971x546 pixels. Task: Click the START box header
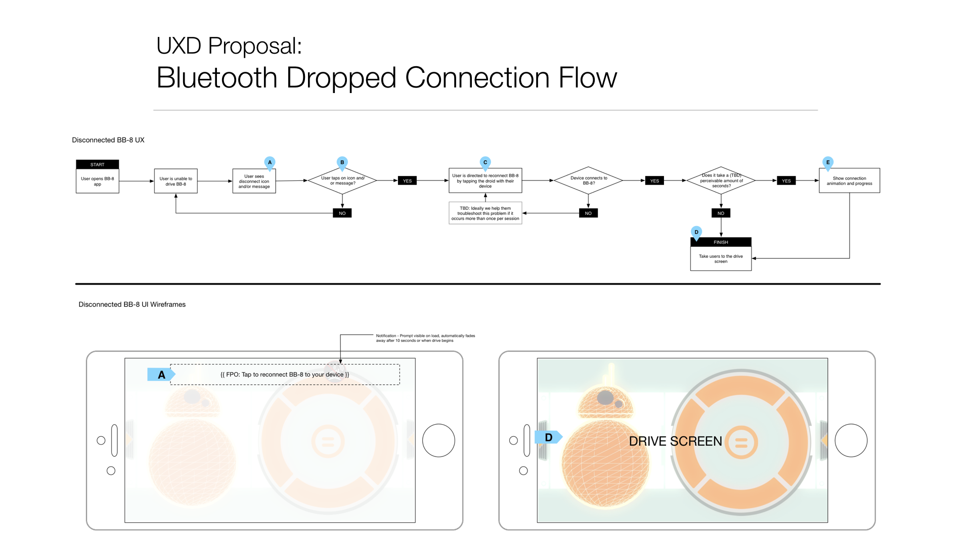[97, 164]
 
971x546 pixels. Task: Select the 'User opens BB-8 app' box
[97, 181]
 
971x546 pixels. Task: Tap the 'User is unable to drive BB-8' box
[175, 181]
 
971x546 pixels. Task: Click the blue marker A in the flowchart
[270, 162]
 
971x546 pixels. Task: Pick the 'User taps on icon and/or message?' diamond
[342, 180]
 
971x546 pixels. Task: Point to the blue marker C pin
[485, 162]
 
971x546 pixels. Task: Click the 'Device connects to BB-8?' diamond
[588, 180]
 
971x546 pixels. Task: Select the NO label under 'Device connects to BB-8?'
[588, 213]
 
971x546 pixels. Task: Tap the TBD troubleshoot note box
[485, 213]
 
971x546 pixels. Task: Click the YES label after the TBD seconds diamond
[786, 180]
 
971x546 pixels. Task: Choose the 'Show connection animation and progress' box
[849, 180]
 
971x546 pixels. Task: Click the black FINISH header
[721, 242]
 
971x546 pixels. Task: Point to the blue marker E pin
[827, 162]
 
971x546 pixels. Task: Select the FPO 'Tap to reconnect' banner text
[285, 375]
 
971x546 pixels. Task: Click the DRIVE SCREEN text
[675, 441]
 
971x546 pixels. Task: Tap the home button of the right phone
[851, 440]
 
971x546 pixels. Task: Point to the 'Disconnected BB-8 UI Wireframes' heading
[132, 304]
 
